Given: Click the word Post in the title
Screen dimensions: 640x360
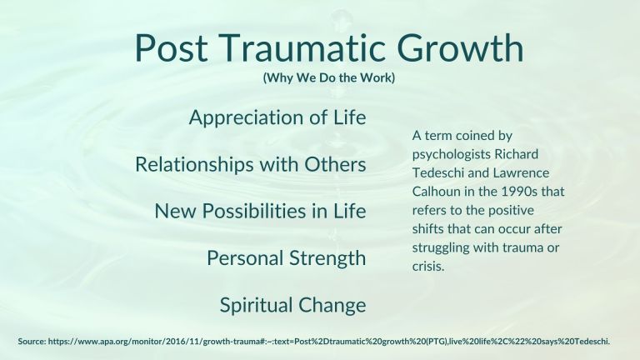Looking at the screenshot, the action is [171, 47].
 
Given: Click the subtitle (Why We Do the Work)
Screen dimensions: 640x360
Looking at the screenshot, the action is [329, 77].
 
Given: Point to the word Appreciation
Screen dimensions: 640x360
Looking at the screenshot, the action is [246, 118].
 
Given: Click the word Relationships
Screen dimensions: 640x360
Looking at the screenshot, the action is [194, 164].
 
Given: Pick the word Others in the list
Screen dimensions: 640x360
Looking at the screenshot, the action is [335, 164].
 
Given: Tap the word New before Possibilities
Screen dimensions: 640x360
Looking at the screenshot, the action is [176, 211].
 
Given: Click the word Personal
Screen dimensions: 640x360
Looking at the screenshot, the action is [245, 258].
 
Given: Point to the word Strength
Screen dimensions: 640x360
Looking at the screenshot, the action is [328, 259].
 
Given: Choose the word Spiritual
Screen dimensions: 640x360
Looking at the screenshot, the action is [257, 305].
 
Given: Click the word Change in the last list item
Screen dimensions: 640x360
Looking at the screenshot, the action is [332, 305].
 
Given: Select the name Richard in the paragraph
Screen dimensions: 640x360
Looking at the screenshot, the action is [517, 154].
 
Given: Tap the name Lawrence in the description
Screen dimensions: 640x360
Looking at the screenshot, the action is [521, 172].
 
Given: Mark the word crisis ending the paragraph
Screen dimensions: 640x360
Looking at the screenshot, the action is [428, 267].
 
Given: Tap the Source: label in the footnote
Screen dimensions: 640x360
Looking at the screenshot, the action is [32, 341].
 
